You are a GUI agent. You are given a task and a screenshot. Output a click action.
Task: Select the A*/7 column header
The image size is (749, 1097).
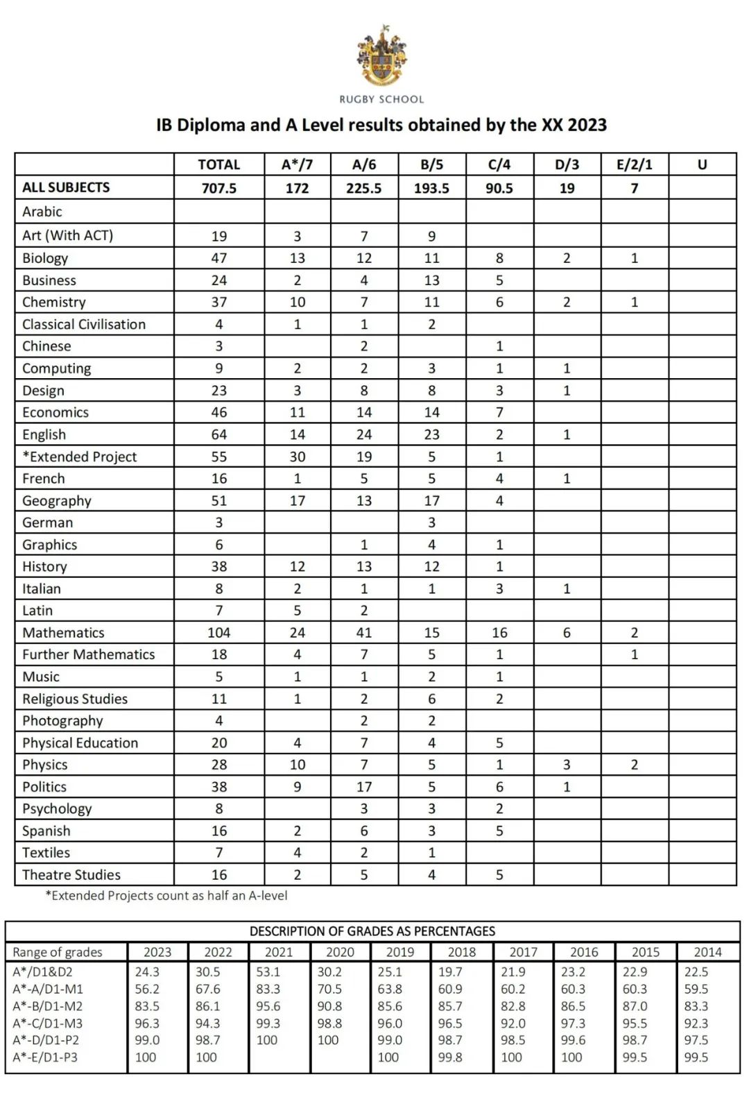297,164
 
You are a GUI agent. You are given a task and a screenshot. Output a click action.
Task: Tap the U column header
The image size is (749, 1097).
702,164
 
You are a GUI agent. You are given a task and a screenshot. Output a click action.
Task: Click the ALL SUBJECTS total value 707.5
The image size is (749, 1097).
218,188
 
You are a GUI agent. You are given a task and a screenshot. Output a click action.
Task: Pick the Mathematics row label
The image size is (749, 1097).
63,633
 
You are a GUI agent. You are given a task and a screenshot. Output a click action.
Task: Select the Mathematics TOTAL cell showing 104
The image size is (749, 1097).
218,633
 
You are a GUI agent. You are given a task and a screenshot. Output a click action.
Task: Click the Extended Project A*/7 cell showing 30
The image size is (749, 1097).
297,457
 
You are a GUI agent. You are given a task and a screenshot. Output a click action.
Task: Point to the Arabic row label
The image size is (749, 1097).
42,212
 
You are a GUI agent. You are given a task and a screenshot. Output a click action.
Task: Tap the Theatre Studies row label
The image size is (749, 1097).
71,875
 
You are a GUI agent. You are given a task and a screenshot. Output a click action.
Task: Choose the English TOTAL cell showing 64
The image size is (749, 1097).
218,434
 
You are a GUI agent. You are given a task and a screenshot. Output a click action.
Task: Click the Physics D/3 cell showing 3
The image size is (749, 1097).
567,765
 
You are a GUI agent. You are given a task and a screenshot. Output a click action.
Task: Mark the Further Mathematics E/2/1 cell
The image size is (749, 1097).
634,654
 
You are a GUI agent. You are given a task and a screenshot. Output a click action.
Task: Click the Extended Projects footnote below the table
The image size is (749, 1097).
166,896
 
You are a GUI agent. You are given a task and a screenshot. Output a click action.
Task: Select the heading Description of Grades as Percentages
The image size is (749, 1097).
372,931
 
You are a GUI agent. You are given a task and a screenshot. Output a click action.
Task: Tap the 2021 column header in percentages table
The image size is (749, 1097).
279,952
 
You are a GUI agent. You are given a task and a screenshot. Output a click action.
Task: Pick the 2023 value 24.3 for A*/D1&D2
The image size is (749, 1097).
147,972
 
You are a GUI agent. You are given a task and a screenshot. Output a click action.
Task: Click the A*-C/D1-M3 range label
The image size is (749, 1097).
46,1023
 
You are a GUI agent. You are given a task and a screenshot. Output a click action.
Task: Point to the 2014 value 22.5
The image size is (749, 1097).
696,972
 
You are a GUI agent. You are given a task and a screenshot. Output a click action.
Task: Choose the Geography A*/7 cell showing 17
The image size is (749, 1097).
297,501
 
